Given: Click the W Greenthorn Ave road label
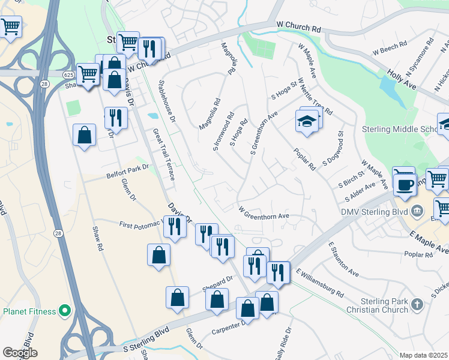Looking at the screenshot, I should [x=264, y=214].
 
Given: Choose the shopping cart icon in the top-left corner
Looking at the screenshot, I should [x=10, y=26].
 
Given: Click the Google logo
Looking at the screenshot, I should [x=20, y=353].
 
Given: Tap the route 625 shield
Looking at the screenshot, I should [x=68, y=73].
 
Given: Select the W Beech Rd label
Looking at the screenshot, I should [x=390, y=49].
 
